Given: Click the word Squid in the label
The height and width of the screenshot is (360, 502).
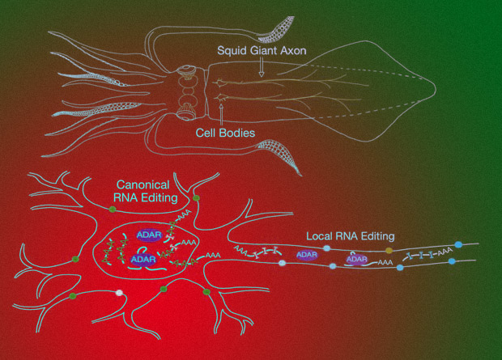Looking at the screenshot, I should pos(232,49).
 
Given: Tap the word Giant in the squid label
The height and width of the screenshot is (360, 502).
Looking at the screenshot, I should pos(264,49).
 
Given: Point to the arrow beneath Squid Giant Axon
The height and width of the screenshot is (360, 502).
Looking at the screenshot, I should pos(260,70).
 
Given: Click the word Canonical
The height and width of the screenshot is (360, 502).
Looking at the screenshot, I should pos(147,185).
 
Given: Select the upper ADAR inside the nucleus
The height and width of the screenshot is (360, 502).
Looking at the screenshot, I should pos(149,235).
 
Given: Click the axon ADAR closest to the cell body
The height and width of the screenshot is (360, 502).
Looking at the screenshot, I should pos(307,255).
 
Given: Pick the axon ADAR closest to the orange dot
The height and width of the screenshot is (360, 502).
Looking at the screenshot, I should pos(358,260).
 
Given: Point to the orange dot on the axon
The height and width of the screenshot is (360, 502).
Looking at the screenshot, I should pos(389,251).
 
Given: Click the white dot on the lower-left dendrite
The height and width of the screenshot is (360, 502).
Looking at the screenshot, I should pos(120,293).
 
